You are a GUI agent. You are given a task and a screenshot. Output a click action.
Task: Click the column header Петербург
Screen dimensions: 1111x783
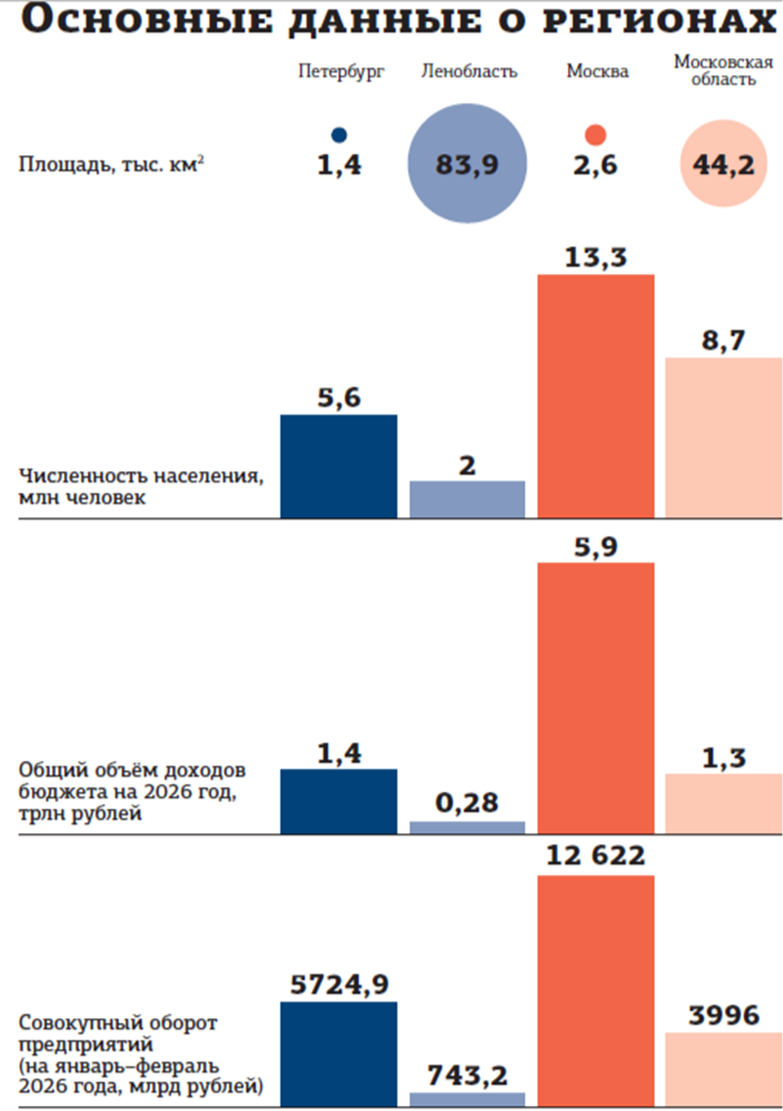coord(341,72)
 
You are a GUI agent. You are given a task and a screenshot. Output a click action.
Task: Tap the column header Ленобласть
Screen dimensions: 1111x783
coord(469,72)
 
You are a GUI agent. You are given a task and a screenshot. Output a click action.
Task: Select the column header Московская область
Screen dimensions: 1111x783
coord(723,71)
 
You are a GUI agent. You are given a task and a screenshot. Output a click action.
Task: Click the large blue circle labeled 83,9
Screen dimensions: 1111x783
coord(467,163)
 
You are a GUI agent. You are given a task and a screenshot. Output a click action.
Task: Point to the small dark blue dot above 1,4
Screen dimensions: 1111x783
coord(339,135)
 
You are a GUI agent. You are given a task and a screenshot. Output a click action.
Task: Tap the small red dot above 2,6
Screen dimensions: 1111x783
coord(595,135)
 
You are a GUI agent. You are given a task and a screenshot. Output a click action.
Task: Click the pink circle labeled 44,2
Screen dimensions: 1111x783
coord(723,163)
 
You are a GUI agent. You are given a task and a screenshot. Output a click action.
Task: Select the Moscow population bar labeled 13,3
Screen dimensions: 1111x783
coord(595,396)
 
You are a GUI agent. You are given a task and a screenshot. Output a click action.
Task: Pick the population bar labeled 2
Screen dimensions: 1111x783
coord(467,499)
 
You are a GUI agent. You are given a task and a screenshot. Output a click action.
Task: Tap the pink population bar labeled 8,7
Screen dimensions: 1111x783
coord(723,437)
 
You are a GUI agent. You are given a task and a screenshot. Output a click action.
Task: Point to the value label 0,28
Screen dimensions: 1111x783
coord(467,803)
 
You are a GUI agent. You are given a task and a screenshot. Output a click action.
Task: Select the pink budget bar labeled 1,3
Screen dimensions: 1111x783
coord(723,804)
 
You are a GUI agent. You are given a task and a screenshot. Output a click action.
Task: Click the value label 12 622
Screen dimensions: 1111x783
coord(595,856)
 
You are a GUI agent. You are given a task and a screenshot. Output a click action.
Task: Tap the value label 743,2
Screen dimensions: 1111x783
coord(467,1075)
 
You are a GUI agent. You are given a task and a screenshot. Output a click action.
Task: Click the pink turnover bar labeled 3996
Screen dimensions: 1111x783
coord(723,1069)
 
